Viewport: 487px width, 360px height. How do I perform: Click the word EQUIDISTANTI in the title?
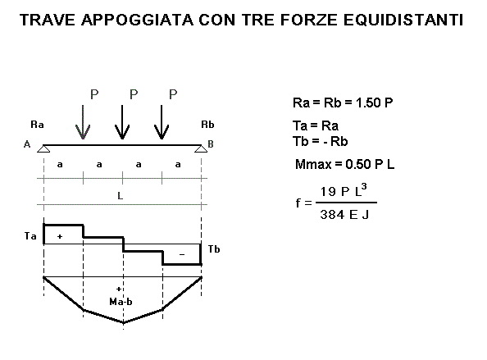[403, 20]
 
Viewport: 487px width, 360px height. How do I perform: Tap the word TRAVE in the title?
[48, 20]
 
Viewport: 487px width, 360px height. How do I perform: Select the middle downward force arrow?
[122, 122]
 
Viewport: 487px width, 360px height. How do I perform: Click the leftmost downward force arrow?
[83, 122]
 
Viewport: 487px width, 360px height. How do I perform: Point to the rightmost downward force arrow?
[162, 122]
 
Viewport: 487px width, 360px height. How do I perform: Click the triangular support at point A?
[43, 148]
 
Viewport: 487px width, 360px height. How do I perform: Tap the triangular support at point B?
[201, 148]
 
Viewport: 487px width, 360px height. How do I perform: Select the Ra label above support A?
[37, 125]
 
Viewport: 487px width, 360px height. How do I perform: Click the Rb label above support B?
[207, 125]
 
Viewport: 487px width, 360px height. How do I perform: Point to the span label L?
[121, 195]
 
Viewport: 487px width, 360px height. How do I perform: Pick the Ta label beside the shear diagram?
[30, 236]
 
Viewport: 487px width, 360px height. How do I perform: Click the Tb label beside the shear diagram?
[214, 248]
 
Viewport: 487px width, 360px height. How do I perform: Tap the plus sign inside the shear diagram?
[60, 236]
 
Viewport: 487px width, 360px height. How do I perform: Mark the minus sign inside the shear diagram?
[182, 255]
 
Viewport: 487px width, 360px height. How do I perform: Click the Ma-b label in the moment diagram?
[121, 301]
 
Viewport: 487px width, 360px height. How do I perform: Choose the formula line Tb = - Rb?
[321, 141]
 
